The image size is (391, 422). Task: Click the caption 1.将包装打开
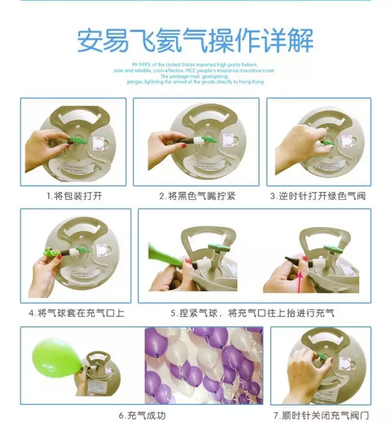(73, 196)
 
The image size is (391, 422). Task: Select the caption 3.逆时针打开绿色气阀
(318, 196)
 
